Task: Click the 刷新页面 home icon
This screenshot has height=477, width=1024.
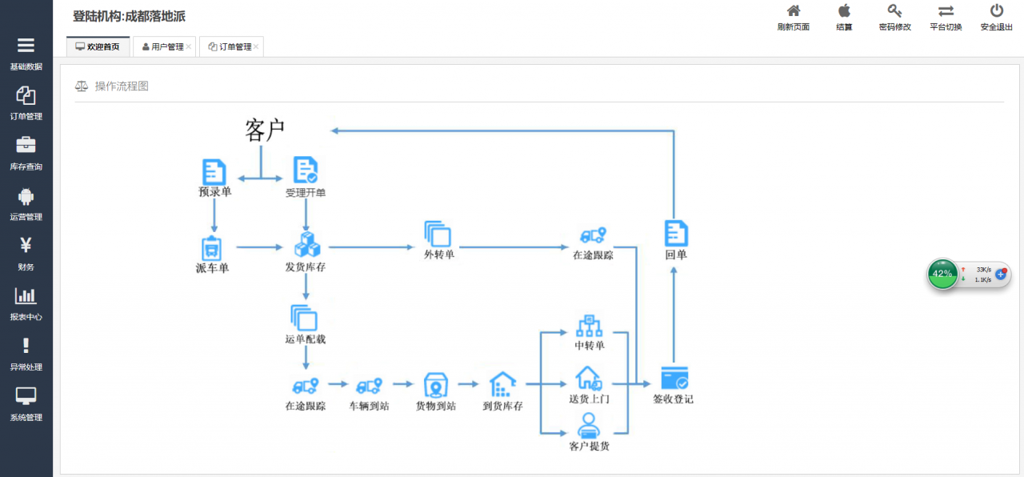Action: coord(794,10)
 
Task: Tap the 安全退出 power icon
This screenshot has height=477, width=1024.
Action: coord(997,10)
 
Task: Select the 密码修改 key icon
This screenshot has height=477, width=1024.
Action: coord(894,10)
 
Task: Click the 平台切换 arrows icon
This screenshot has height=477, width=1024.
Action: coord(946,11)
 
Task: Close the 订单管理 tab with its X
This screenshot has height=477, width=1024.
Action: coord(256,46)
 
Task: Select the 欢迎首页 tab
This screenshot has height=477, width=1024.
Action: coord(98,46)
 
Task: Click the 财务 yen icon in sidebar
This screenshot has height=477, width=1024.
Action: coord(26,245)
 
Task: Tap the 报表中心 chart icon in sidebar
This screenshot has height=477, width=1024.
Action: coord(26,295)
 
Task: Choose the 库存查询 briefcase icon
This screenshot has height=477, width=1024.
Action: coord(26,145)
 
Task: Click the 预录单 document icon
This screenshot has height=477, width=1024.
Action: coord(214,171)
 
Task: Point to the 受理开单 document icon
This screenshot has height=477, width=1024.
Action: coord(306,170)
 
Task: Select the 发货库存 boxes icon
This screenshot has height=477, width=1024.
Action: coord(307,244)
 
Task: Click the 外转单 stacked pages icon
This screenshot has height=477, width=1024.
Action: coord(438,234)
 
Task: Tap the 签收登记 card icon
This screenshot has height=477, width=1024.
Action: coord(674,378)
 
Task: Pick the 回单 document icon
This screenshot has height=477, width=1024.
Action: coord(676,233)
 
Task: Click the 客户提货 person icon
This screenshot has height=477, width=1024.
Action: coord(589,425)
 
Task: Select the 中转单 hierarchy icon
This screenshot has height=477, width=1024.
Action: coord(590,326)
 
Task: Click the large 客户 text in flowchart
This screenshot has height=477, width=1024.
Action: coord(265,130)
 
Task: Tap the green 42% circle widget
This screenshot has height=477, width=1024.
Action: coord(942,274)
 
